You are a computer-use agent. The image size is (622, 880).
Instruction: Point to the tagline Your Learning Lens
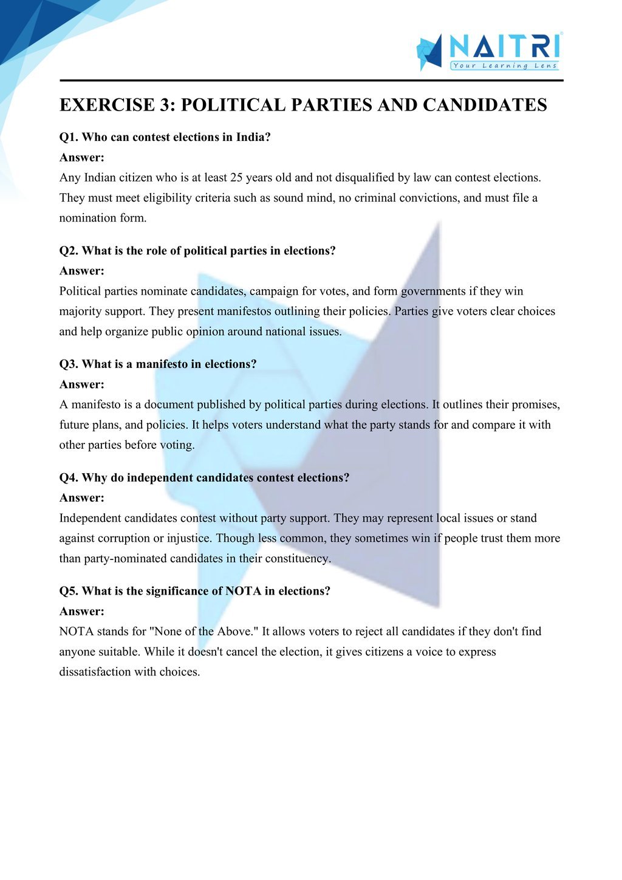point(504,66)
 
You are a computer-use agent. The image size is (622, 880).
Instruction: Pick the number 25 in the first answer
point(237,178)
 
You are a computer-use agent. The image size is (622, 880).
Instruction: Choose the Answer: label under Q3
point(82,384)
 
